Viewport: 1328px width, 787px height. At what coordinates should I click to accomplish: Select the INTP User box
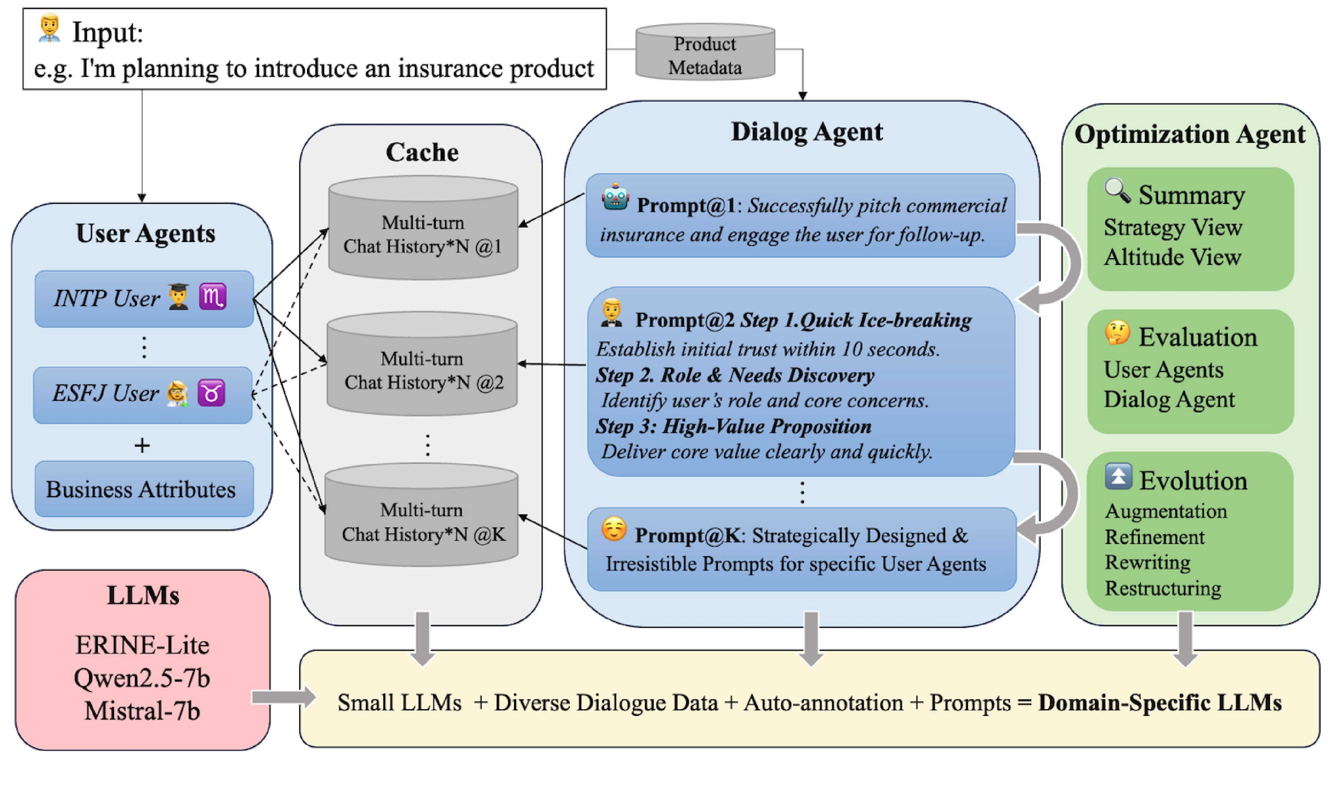click(x=144, y=299)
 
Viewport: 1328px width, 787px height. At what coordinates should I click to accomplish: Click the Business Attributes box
click(x=144, y=489)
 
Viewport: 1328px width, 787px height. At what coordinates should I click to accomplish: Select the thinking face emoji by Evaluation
click(x=1117, y=333)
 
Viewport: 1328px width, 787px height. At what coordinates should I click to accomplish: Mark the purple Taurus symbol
click(x=211, y=393)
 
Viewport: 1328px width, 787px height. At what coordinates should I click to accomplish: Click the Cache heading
click(x=422, y=152)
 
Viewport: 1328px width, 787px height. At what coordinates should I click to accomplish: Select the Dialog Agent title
click(x=807, y=131)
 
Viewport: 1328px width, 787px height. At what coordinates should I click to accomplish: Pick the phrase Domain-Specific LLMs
click(x=1160, y=703)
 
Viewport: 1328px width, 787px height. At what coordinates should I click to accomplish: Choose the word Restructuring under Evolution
click(x=1162, y=588)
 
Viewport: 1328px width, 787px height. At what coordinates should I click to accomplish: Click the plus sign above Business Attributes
click(x=142, y=446)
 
